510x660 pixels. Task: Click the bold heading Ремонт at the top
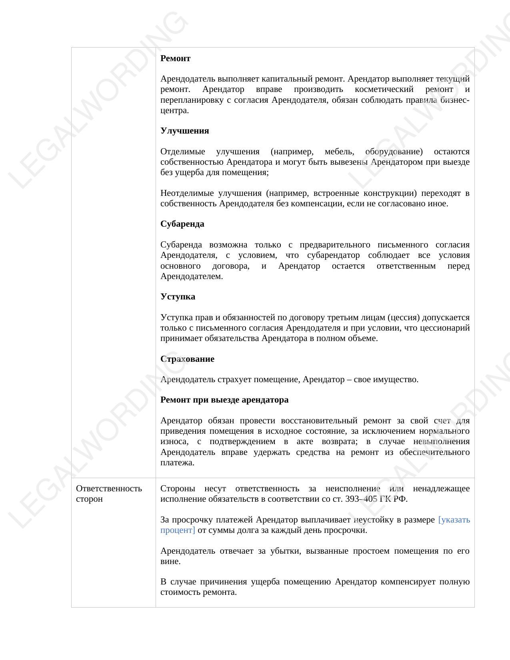point(175,58)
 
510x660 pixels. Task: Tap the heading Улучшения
point(184,131)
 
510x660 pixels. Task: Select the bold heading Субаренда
point(182,224)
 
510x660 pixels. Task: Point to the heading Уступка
point(178,297)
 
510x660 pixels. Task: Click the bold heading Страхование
point(187,359)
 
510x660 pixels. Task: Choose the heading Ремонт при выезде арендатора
point(224,400)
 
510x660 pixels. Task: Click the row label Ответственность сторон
point(109,494)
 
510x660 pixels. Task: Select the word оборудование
point(394,152)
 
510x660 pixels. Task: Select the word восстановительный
point(319,421)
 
